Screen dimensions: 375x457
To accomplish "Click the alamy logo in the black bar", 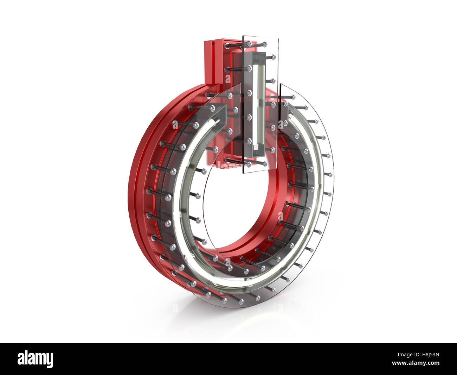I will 35,359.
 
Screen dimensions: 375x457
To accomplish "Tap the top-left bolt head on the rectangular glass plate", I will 249,43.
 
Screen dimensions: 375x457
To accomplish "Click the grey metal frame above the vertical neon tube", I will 258,56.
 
